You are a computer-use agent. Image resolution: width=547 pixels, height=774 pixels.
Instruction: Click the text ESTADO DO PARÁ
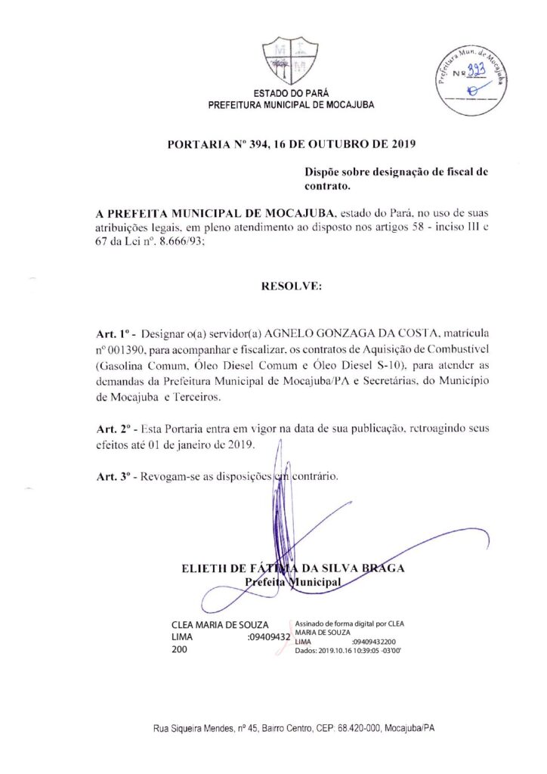click(x=291, y=94)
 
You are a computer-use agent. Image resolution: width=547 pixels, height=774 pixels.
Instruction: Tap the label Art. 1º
click(x=115, y=333)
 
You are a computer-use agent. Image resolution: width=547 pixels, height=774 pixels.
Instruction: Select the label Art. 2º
click(x=115, y=429)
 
